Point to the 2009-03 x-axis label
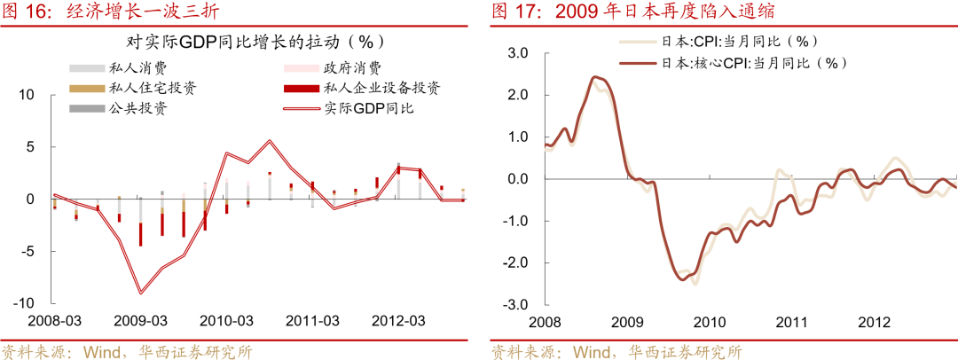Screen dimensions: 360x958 (140, 320)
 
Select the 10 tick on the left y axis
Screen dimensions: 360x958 (27, 95)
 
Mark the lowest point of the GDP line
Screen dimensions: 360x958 (140, 293)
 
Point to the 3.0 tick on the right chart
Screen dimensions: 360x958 (517, 53)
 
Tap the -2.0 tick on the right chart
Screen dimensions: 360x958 (514, 263)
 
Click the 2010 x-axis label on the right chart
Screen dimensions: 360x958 (708, 321)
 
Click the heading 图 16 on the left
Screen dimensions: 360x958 (27, 11)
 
